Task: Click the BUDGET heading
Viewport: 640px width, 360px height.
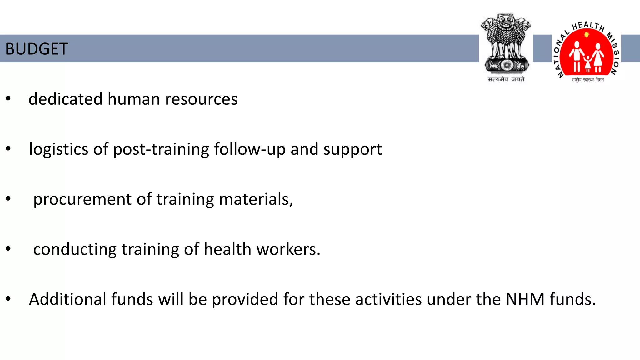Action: [37, 49]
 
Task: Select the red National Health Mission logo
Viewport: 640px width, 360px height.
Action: [587, 52]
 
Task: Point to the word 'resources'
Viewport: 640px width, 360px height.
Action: [201, 99]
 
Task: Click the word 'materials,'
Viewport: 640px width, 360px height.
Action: [256, 199]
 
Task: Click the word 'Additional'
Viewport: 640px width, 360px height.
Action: [68, 299]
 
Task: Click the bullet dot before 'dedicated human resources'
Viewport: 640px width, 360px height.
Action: [8, 99]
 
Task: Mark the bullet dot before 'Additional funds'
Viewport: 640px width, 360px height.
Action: [8, 299]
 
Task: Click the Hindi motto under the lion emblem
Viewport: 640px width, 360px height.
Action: [506, 79]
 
